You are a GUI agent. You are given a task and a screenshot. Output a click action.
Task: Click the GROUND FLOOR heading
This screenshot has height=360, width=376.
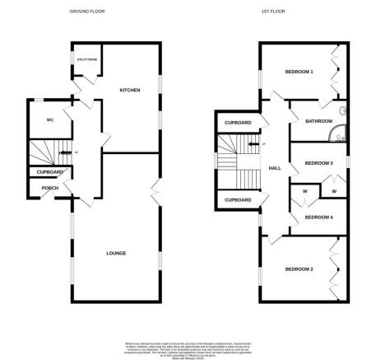[91, 12]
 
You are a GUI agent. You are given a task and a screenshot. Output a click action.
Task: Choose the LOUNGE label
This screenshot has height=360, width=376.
[115, 252]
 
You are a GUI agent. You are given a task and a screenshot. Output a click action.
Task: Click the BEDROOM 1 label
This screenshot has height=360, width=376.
[299, 72]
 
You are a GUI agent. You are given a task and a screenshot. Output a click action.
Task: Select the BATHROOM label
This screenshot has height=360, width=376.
[318, 122]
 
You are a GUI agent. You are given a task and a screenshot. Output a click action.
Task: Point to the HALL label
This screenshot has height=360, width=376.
[276, 168]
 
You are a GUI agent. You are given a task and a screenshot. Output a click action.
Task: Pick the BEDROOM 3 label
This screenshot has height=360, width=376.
[318, 163]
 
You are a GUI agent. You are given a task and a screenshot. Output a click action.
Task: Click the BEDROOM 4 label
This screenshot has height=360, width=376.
[318, 217]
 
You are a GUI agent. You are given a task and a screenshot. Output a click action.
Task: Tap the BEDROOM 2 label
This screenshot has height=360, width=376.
[299, 269]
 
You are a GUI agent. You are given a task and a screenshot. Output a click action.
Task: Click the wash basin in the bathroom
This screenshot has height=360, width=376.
[343, 111]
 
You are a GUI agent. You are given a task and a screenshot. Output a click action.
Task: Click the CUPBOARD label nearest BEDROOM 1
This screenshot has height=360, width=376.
[237, 123]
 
